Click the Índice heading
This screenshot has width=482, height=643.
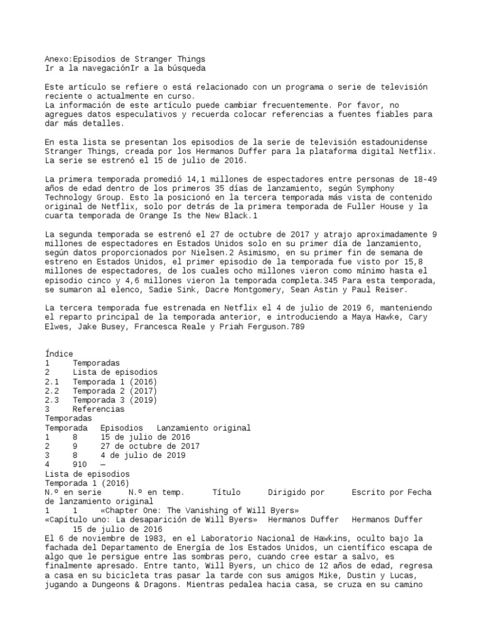[x=59, y=354]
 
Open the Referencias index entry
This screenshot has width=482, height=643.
[x=99, y=409]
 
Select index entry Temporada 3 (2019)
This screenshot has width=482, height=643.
[x=114, y=400]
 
